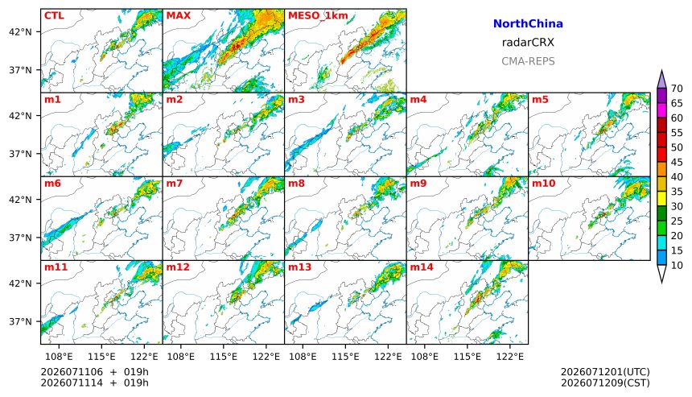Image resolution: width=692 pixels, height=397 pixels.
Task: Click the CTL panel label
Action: coord(54,15)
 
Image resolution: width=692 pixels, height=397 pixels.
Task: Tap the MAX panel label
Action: coord(179,15)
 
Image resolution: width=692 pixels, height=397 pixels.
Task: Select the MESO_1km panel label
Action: coord(318,16)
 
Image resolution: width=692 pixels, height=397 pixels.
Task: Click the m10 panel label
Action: coord(543,184)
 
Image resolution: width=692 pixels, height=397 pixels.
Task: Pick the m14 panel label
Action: coord(422,267)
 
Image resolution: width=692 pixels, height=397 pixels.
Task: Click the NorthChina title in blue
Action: coord(528,24)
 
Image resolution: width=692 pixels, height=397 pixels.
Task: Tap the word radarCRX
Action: coord(528,43)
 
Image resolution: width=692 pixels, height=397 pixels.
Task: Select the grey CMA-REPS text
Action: coord(528,61)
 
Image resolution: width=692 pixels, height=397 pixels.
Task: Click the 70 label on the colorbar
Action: coord(677,89)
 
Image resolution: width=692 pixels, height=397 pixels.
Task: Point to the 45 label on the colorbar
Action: coord(677,163)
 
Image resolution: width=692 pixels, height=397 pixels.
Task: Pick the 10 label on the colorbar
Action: coord(677,266)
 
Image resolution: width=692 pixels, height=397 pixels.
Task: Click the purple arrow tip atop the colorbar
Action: coord(661,70)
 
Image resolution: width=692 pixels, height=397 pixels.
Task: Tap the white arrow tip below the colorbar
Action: coord(661,282)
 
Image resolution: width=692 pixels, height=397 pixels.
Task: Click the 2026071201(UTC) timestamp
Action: coord(605,372)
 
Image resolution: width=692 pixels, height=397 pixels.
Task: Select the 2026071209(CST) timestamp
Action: coord(605,383)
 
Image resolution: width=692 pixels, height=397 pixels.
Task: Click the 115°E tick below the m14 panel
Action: coord(468,355)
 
